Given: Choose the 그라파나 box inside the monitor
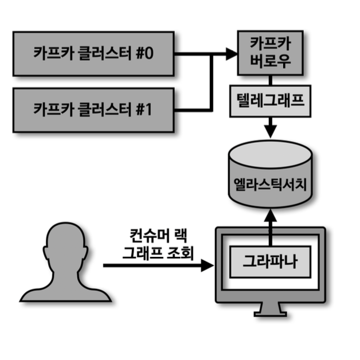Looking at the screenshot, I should pos(269,264).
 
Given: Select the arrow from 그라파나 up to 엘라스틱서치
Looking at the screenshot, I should pos(269,226).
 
